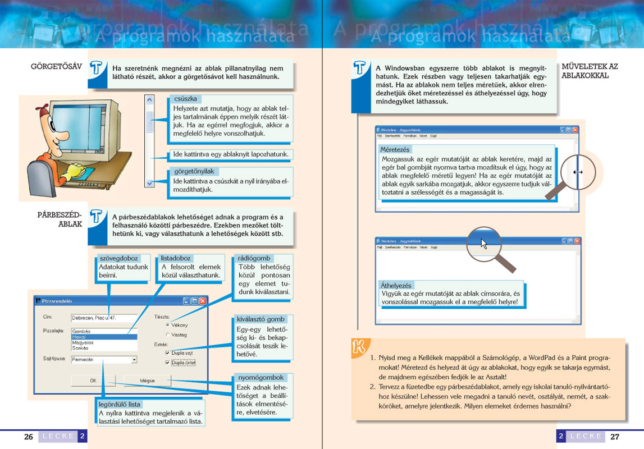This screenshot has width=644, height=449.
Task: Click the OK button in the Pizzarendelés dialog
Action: click(93, 380)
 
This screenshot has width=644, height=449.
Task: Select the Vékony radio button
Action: click(167, 325)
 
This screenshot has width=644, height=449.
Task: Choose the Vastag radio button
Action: click(167, 335)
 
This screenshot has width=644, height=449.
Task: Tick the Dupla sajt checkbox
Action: click(167, 353)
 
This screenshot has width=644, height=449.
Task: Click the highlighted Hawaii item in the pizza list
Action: click(104, 337)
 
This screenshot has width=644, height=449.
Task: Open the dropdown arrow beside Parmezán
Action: click(134, 359)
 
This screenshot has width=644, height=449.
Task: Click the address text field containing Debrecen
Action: click(104, 318)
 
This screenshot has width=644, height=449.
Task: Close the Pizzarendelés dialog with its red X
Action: click(203, 301)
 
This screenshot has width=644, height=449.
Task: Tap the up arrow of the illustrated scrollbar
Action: click(149, 100)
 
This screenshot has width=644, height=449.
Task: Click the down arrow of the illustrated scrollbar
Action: click(149, 183)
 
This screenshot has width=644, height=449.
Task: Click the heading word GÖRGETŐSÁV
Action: click(56, 67)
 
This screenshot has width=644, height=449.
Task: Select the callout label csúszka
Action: click(185, 99)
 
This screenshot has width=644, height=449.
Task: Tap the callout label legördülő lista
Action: click(119, 404)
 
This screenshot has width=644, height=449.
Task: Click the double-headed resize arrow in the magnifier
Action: click(578, 172)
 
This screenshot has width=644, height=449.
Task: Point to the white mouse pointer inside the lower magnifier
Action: click(484, 244)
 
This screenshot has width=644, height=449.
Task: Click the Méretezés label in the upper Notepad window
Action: click(395, 150)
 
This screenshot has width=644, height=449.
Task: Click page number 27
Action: click(615, 437)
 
